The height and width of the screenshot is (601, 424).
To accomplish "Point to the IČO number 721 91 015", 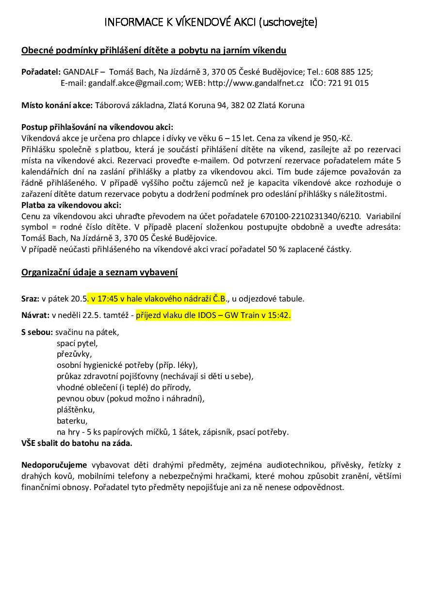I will tap(348, 83).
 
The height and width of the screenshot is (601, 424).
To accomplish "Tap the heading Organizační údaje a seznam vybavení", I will tap(99, 272).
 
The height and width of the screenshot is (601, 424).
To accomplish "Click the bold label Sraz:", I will tap(31, 299).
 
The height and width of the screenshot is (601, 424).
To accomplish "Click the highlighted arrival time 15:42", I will tap(279, 316).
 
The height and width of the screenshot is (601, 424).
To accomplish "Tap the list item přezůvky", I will tap(74, 354).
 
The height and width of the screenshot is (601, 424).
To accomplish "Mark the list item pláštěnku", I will tap(75, 410).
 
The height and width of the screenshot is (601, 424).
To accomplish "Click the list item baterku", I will tap(72, 421).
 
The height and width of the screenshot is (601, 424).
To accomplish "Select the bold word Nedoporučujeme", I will tap(54, 465).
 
